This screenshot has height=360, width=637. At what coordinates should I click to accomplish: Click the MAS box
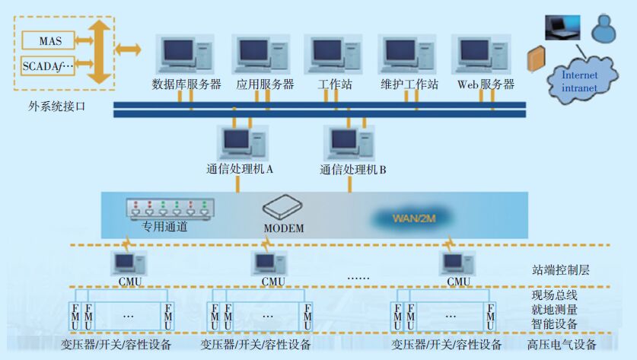coord(48,39)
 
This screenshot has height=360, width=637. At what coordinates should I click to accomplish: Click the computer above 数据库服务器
coord(184,53)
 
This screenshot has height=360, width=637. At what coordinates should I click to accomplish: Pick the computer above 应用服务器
coord(260,53)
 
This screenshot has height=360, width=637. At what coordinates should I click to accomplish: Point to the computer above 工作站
coord(333,53)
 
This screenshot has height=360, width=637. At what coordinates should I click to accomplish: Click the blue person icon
coord(605,28)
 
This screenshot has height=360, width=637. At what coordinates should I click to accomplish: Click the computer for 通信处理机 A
coord(243,143)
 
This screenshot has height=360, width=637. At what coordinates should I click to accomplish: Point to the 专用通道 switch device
coord(171,208)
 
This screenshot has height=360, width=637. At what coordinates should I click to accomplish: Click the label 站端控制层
coord(560,269)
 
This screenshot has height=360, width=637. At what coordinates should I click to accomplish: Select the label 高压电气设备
coord(562,345)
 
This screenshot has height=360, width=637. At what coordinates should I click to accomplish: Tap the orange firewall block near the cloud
coord(537,60)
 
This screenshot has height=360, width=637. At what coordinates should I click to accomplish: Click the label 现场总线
coord(554,295)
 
